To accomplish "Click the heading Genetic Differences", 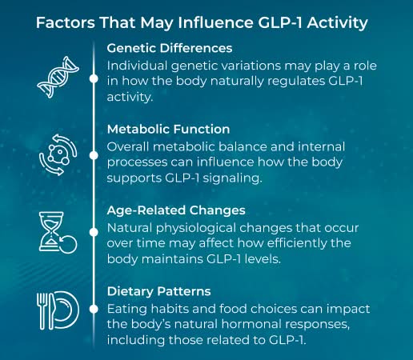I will pos(170,48).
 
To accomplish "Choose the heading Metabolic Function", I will pos(169,129).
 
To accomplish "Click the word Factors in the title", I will pos(64,22).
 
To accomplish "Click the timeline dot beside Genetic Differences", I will pos(94,78).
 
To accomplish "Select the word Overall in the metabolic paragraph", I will pos(130,146).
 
